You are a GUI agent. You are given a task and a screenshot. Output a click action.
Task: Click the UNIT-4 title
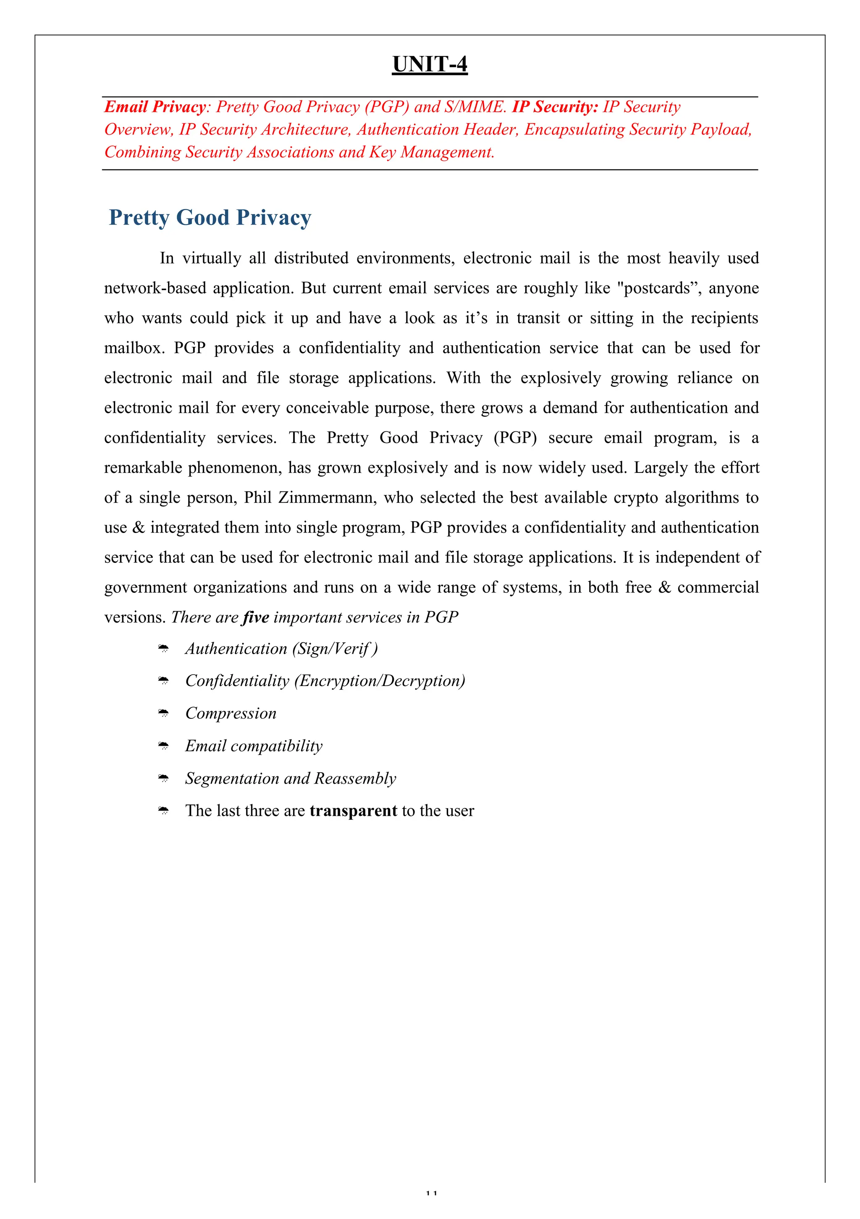pyautogui.click(x=429, y=64)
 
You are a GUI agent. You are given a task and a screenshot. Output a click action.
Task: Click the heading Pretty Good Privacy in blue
pyautogui.click(x=210, y=218)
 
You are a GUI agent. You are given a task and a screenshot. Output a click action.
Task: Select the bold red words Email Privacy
pyautogui.click(x=155, y=107)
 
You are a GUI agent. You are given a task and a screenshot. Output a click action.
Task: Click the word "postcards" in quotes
pyautogui.click(x=658, y=288)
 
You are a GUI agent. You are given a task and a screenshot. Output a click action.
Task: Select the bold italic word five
pyautogui.click(x=256, y=617)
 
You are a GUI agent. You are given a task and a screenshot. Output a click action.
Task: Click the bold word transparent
pyautogui.click(x=353, y=811)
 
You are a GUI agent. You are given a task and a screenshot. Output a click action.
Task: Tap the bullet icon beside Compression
pyautogui.click(x=163, y=714)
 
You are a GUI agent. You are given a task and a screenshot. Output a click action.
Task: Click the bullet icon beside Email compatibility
pyautogui.click(x=163, y=746)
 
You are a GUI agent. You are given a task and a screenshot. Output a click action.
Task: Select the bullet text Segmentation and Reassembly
pyautogui.click(x=290, y=778)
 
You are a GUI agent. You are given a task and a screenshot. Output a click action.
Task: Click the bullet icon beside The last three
pyautogui.click(x=163, y=811)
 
